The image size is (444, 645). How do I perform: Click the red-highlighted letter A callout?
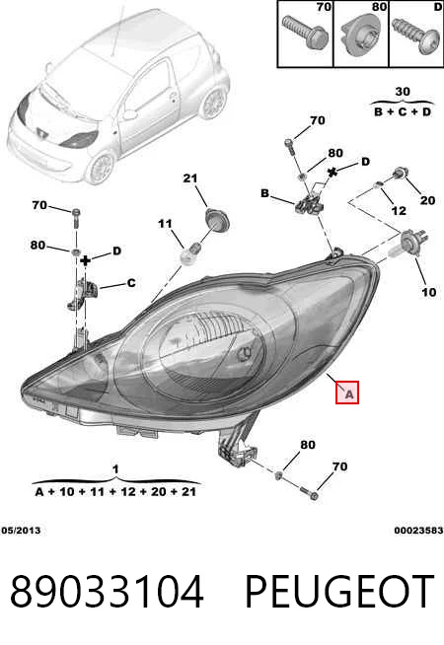347,392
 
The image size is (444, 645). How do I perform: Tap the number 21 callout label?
190,179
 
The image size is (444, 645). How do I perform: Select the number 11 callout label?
165,224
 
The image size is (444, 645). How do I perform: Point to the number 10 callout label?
428,292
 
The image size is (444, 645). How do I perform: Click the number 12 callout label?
399,211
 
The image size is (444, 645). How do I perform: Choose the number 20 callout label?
427,200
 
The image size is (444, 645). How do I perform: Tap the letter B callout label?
265,193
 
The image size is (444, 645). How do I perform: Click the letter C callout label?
131,283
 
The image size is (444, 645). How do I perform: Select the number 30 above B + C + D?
403,92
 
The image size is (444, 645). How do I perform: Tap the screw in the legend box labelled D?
415,36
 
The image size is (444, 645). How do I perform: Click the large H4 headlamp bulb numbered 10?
408,245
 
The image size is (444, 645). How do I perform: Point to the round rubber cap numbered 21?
217,220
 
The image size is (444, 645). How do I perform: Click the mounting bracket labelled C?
83,294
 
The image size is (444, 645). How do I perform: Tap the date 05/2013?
21,531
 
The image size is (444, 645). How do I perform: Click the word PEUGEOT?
339,592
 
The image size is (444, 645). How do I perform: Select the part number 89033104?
107,592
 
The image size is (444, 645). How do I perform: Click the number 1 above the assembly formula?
115,468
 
